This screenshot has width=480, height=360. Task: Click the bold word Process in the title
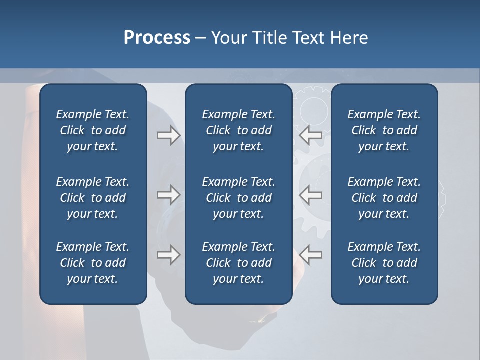tap(157, 37)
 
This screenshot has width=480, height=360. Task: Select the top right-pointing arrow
tap(168, 135)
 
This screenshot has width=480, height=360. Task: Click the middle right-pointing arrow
tap(168, 195)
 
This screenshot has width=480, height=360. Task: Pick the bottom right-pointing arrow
tap(168, 255)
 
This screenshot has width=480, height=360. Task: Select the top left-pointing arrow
tap(311, 135)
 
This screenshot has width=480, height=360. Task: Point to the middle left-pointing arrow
tap(311, 195)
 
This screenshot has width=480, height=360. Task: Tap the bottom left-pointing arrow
tap(311, 255)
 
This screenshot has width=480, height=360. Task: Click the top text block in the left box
tap(93, 130)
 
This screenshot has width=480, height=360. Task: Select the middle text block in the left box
tap(93, 198)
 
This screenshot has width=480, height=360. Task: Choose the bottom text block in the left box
tap(93, 263)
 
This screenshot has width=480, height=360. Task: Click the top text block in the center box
tap(238, 130)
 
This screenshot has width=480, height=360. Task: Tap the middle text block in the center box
tap(238, 198)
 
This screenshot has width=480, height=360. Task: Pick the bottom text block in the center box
tap(238, 263)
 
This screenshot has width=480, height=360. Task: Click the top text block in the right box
tap(384, 130)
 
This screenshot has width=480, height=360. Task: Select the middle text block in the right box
tap(384, 198)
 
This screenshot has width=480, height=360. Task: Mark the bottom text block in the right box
tap(384, 263)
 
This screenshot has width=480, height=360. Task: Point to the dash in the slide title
tap(200, 38)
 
